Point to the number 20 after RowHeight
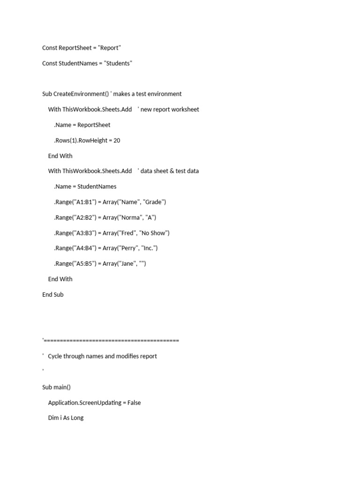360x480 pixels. coord(117,140)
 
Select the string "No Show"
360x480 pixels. coord(154,233)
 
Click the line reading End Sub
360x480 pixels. coord(52,294)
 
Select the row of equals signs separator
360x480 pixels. coord(111,340)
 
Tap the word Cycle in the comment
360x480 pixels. coord(56,356)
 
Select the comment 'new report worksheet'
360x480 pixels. coord(170,109)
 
